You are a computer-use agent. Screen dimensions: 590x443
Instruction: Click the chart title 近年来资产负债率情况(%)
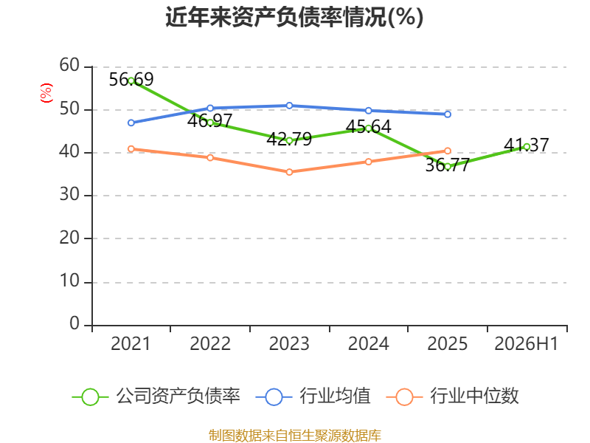[294, 17]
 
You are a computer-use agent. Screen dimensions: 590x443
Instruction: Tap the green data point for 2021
[131, 80]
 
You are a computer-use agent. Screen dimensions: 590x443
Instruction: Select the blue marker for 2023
[289, 106]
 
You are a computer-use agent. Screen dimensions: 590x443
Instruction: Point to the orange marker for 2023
[289, 172]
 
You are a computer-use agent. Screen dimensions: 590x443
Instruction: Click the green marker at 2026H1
[527, 147]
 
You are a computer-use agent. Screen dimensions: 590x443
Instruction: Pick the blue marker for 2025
[448, 114]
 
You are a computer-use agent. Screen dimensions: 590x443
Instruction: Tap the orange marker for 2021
[131, 149]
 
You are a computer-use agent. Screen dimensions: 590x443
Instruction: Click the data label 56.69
[131, 80]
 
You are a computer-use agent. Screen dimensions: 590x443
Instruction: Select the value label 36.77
[448, 165]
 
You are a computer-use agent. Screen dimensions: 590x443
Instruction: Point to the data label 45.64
[368, 126]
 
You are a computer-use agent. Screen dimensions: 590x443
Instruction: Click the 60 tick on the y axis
[69, 65]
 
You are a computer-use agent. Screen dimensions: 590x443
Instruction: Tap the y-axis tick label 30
[69, 194]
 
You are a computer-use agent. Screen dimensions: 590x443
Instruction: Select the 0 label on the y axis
[74, 323]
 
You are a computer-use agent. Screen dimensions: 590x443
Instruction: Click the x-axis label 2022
[210, 343]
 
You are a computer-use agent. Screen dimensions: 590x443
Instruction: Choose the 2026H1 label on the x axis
[527, 343]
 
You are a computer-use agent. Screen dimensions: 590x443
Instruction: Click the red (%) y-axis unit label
[46, 93]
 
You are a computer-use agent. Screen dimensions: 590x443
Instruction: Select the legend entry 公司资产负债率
[156, 396]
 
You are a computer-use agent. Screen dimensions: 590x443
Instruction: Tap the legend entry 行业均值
[313, 396]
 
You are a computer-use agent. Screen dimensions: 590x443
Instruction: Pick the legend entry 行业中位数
[453, 396]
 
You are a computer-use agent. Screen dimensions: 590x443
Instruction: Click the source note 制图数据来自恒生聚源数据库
[294, 436]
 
